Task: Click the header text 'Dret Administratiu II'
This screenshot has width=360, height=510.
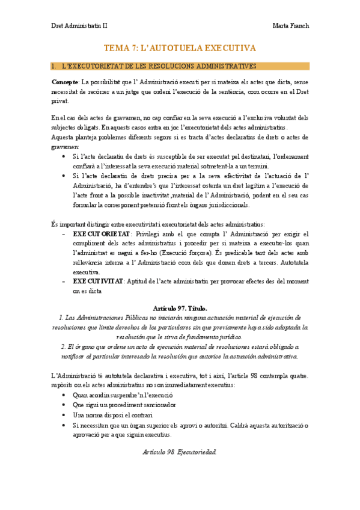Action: pos(79,26)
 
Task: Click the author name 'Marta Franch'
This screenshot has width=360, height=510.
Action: pos(291,26)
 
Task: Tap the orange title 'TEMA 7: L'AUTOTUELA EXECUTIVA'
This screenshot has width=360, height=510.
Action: pos(180,48)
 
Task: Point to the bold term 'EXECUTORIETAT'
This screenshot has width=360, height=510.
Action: pos(101,233)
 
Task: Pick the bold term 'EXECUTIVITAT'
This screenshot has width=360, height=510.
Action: pos(97,281)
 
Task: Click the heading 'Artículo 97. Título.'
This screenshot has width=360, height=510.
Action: pos(180,307)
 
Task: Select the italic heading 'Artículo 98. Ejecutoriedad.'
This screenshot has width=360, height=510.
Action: pos(180,450)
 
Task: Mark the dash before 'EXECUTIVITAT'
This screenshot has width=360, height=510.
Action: pos(64,281)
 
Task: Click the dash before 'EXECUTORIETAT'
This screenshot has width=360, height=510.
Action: pos(64,233)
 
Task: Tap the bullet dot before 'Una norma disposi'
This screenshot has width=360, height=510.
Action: pos(64,415)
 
